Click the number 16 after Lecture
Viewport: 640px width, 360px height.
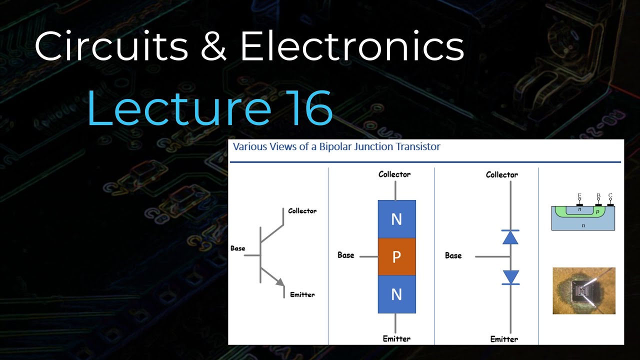coord(311,108)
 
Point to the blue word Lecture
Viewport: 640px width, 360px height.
coord(178,108)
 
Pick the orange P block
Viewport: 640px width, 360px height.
coord(396,257)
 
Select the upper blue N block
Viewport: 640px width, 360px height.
coord(396,219)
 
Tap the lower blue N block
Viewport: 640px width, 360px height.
coord(396,294)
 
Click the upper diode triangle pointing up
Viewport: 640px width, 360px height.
coord(510,237)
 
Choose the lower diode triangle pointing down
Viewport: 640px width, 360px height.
coord(510,277)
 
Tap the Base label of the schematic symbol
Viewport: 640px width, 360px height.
coord(238,248)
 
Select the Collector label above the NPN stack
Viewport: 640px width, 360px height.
coord(394,174)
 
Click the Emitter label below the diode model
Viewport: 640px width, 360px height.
coord(504,339)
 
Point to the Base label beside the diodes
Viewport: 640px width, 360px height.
coord(453,255)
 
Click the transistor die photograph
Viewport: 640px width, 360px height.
coord(583,290)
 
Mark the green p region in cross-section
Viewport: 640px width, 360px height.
coord(598,212)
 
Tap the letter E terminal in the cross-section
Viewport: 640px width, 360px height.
coord(579,196)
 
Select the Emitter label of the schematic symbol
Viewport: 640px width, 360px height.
coord(302,294)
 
